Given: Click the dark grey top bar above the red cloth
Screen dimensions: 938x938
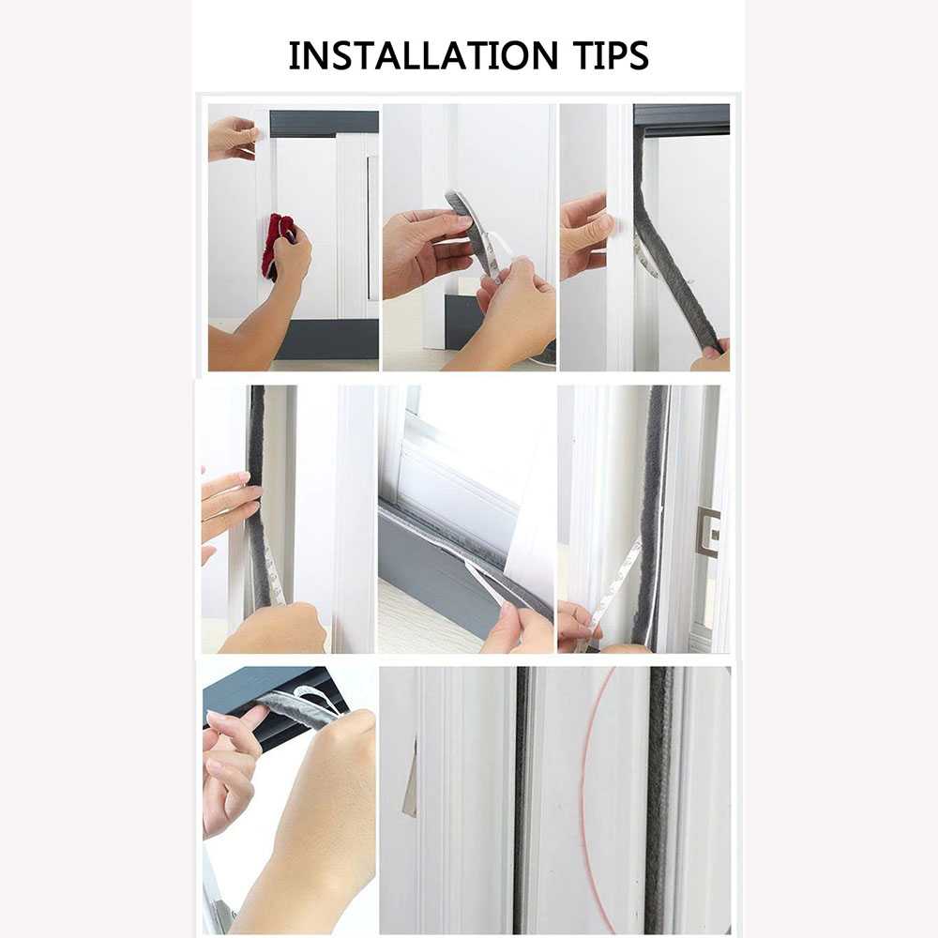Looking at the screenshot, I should pyautogui.click(x=324, y=123).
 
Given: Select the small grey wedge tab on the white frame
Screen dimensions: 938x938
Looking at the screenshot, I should pyautogui.click(x=411, y=788).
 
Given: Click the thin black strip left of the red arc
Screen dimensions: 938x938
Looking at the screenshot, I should pyautogui.click(x=521, y=797).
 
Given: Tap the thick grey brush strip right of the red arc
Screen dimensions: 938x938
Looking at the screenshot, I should pyautogui.click(x=658, y=797).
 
